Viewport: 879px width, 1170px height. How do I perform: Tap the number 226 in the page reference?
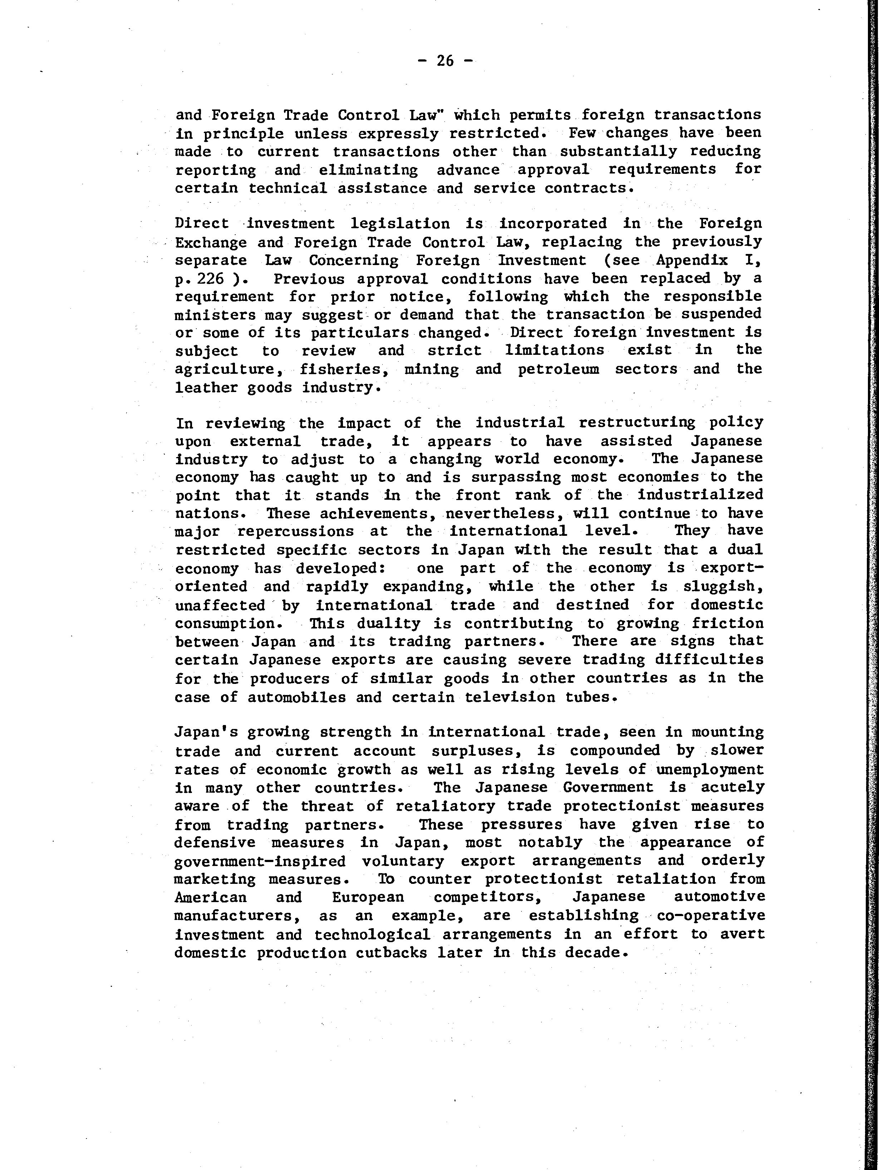210,279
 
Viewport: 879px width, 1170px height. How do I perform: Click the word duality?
388,623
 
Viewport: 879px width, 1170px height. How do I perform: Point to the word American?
211,897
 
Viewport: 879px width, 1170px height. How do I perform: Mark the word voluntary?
403,861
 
